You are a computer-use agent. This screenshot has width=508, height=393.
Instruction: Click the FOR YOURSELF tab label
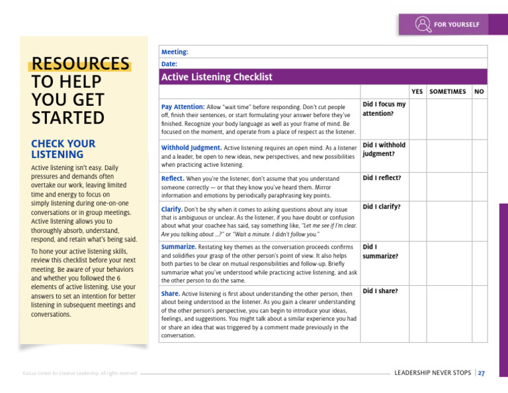(x=456, y=25)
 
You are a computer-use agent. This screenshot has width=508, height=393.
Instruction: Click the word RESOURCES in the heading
(x=80, y=64)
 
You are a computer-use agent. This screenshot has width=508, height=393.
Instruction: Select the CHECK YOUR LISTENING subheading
(x=63, y=149)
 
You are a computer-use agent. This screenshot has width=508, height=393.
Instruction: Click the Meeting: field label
(x=175, y=52)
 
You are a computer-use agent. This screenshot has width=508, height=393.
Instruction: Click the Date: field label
(x=169, y=64)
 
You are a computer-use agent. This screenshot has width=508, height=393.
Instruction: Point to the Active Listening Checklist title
(x=217, y=77)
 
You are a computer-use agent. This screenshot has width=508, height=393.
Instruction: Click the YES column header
(x=417, y=91)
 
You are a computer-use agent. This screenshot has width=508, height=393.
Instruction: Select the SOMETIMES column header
(x=448, y=91)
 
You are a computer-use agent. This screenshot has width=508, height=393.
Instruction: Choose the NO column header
(x=479, y=91)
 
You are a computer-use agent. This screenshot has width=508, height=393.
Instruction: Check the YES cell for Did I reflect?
(x=417, y=187)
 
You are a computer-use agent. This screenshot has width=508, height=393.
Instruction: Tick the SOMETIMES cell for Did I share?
(x=448, y=314)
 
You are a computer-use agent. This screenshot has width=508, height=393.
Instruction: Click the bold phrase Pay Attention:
(x=183, y=107)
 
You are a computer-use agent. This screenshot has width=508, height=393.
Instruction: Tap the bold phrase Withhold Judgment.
(x=191, y=148)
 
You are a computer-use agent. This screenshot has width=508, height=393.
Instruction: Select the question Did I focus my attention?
(x=384, y=109)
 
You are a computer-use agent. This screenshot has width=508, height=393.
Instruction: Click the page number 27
(x=482, y=373)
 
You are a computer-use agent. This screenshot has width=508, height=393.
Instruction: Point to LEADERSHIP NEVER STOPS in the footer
(x=433, y=373)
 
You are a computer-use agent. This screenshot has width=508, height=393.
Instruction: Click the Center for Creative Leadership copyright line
(x=79, y=374)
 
